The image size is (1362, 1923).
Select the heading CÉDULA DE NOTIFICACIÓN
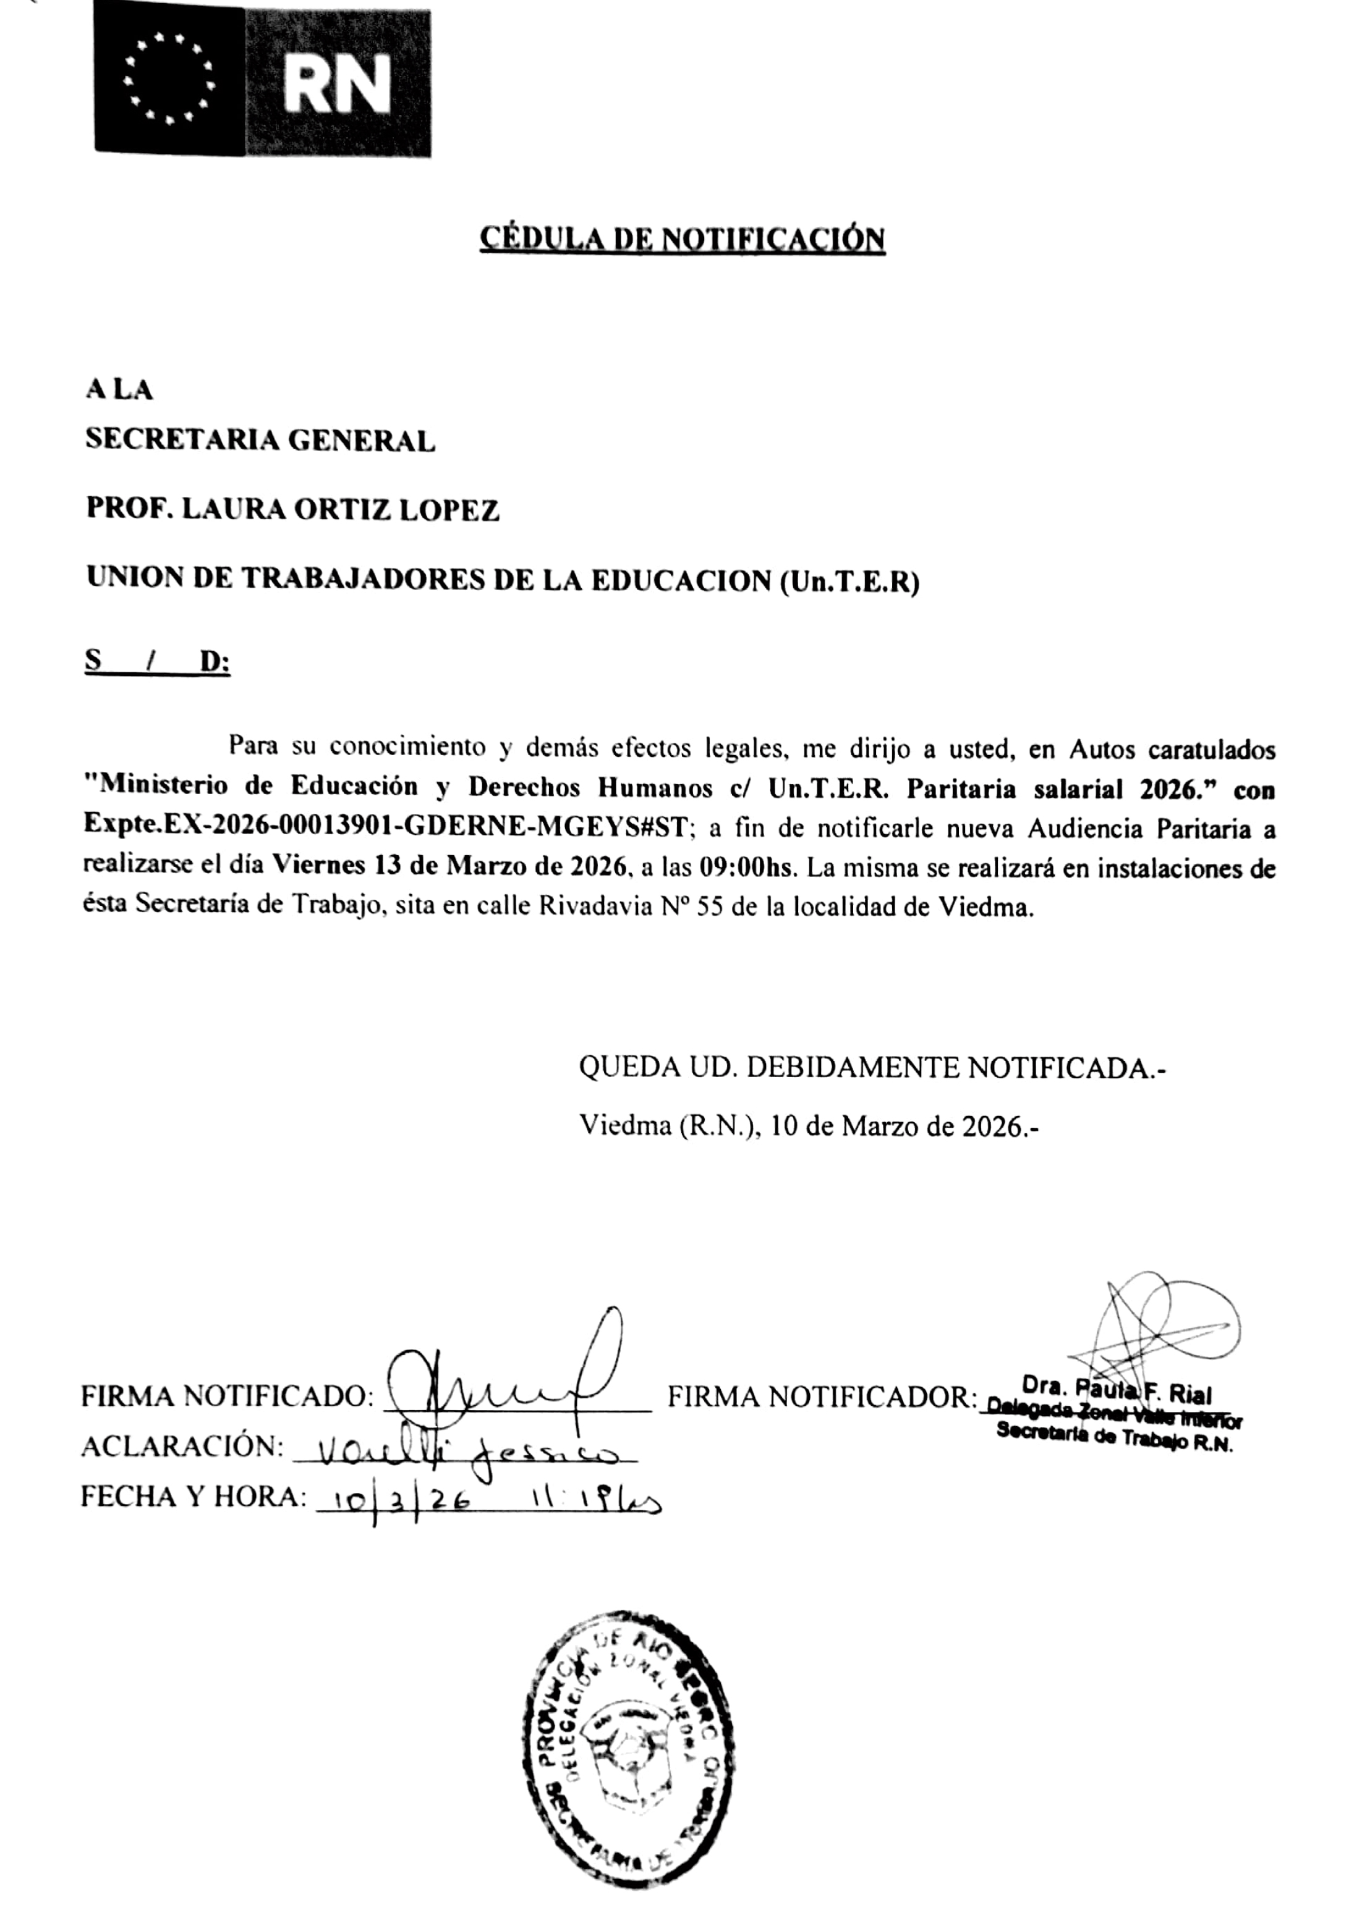(682, 240)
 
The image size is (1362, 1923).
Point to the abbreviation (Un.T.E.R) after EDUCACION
(849, 581)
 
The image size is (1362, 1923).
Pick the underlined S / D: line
(157, 661)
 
